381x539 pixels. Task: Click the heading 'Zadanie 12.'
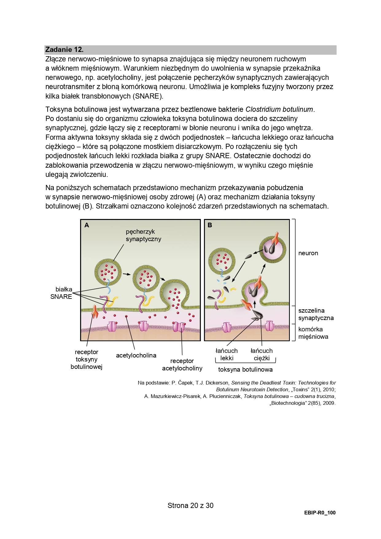tap(64, 49)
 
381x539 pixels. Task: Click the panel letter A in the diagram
tap(87, 225)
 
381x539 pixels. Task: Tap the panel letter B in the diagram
tap(210, 225)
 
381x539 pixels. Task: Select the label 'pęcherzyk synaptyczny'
tap(143, 235)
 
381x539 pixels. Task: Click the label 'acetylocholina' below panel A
tap(136, 355)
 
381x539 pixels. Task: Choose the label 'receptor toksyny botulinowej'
tap(86, 359)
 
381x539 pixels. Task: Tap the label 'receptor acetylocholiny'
tap(182, 365)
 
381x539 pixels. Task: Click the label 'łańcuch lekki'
tap(227, 354)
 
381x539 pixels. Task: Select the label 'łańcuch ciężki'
tap(262, 354)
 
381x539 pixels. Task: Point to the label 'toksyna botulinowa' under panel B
tap(245, 369)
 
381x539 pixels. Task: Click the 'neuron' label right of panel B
tap(308, 253)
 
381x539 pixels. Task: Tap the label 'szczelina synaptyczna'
tap(316, 314)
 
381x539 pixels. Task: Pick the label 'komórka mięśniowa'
tap(313, 333)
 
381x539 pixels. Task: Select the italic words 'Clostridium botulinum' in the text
tap(279, 109)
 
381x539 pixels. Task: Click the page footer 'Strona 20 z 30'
tap(190, 506)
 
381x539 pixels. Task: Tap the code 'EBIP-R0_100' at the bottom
tap(320, 513)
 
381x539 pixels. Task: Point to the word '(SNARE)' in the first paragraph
tap(147, 96)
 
